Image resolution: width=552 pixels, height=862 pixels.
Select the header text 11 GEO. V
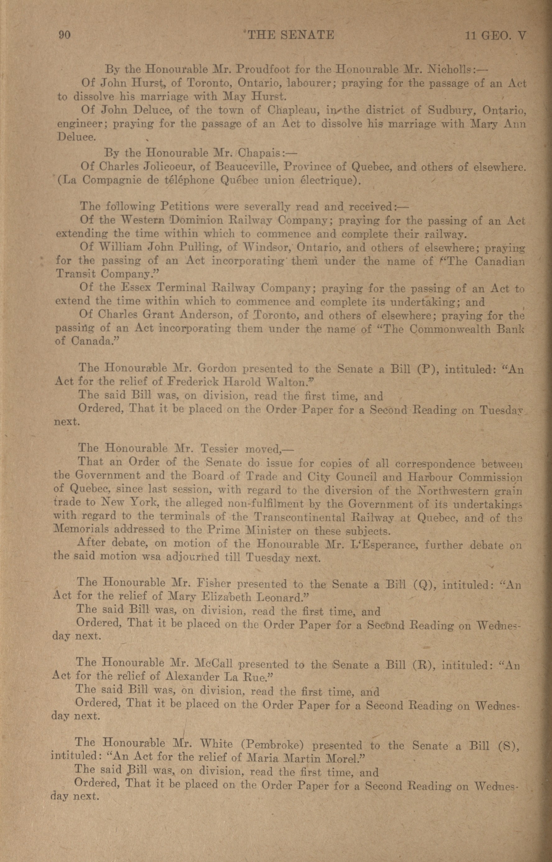point(495,35)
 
